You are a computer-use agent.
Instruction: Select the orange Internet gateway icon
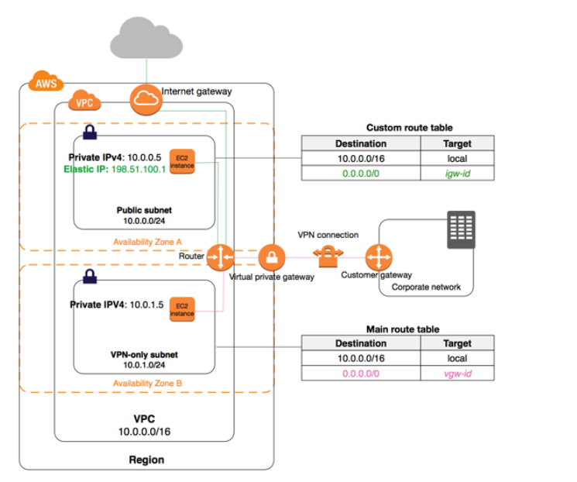point(144,100)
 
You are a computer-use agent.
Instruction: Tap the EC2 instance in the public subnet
point(182,160)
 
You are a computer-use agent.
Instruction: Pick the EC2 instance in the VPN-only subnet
point(182,308)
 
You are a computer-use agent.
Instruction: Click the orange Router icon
point(222,256)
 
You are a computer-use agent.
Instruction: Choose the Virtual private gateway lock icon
point(272,256)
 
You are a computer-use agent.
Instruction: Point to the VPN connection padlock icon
point(328,256)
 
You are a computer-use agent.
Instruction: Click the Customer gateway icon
point(379,256)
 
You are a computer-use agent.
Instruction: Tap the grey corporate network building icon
point(462,230)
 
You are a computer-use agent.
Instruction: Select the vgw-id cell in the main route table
point(457,374)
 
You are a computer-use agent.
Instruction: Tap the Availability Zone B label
point(148,384)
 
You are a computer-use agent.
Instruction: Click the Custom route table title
point(409,127)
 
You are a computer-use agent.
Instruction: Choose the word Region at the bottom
point(146,460)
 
